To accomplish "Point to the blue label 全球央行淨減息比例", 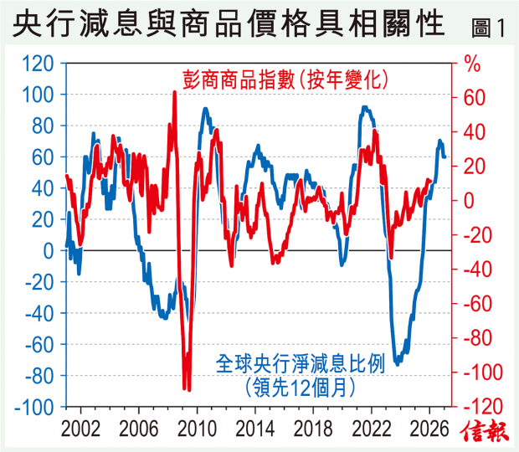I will (300, 365).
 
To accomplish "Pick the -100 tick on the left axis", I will (36, 407).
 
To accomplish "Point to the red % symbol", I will (473, 63).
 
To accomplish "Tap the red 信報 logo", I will (486, 433).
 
